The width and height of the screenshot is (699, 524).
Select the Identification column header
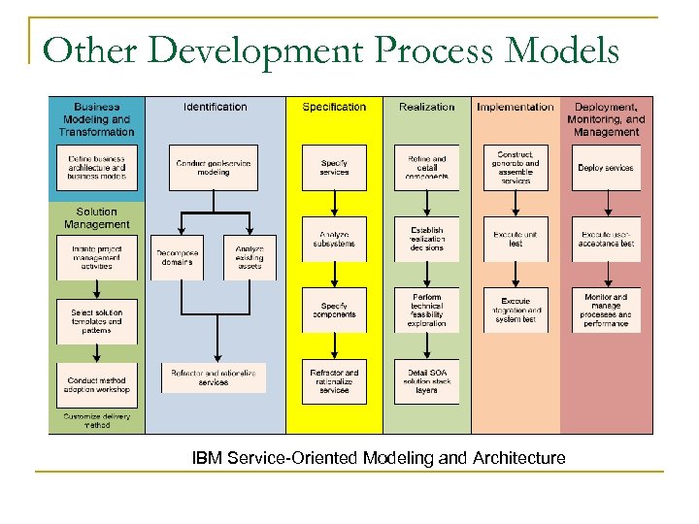click(x=215, y=107)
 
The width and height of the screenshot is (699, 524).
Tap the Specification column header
click(x=334, y=107)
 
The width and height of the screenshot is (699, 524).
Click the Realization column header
click(x=426, y=107)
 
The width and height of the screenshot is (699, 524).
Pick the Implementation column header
click(x=516, y=107)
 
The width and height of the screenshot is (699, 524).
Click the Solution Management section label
click(x=96, y=218)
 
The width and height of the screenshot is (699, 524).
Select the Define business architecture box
click(x=97, y=168)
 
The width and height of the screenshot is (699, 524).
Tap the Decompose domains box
click(x=177, y=257)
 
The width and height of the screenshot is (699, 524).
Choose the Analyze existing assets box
click(x=250, y=257)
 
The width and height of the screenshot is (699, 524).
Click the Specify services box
click(x=334, y=168)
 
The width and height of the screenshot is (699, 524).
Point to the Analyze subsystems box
click(x=334, y=239)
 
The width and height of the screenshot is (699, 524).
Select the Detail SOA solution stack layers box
click(x=427, y=381)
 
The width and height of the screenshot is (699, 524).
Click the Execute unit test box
click(x=516, y=239)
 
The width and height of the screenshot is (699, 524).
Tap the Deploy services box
click(x=606, y=168)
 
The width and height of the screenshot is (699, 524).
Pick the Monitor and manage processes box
click(x=606, y=311)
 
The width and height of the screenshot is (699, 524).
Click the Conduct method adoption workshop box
click(x=97, y=384)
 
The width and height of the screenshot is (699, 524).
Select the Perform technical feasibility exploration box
click(x=427, y=311)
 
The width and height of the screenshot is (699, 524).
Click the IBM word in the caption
click(x=206, y=457)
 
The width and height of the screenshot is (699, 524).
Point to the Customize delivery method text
click(x=96, y=420)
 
